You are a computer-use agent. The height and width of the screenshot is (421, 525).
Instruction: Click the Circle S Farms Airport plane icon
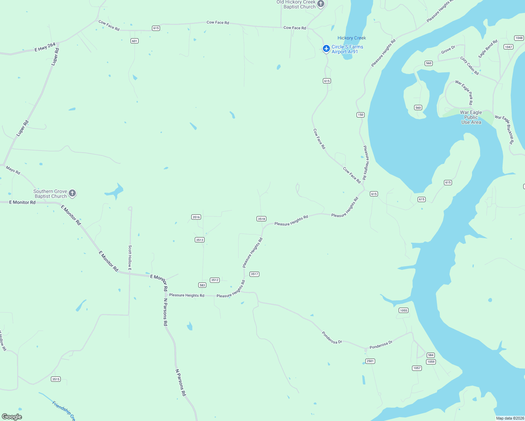(x=326, y=48)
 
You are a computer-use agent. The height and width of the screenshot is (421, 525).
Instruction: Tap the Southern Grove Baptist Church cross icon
(x=72, y=193)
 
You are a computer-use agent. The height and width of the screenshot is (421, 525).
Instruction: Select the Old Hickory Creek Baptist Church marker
(x=321, y=4)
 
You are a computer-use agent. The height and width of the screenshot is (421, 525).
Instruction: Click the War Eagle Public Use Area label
(x=471, y=118)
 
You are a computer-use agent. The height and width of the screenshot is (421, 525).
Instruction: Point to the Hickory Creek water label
(x=352, y=38)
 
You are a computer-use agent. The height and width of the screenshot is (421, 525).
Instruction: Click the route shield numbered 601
(x=134, y=41)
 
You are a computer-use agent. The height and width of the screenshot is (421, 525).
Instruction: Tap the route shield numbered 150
(x=360, y=115)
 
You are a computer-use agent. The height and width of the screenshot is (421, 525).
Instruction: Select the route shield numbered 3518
(x=261, y=219)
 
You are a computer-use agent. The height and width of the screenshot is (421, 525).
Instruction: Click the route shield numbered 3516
(x=196, y=217)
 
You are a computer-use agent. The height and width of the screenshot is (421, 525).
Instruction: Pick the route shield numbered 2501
(x=370, y=361)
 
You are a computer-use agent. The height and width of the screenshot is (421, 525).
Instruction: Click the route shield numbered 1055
(x=404, y=310)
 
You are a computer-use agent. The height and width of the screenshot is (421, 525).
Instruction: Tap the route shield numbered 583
(x=202, y=285)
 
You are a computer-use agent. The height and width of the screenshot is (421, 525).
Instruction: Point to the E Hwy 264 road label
(x=45, y=47)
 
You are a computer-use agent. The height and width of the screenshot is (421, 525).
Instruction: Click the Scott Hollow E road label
(x=130, y=258)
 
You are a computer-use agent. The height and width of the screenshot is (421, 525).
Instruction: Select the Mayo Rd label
(x=13, y=170)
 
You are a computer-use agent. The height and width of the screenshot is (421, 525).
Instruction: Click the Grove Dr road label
(x=448, y=50)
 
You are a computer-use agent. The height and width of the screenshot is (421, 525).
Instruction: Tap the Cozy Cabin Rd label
(x=470, y=66)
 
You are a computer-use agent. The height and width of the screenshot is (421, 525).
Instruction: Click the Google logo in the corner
(x=12, y=417)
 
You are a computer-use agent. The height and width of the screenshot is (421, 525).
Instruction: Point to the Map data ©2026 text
(x=510, y=418)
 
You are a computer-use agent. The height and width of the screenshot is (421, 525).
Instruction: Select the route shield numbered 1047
(x=508, y=47)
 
